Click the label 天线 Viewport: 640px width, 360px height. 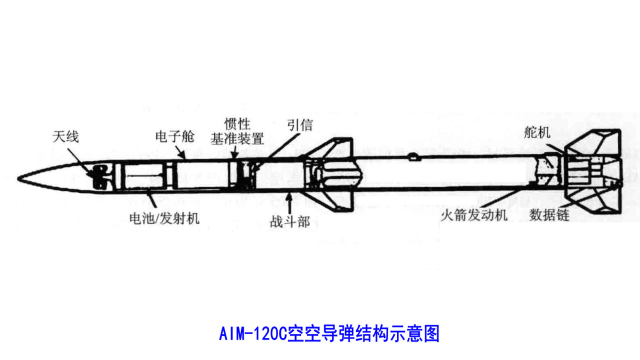click(66, 137)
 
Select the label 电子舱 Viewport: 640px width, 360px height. click(174, 137)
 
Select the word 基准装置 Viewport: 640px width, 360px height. click(237, 137)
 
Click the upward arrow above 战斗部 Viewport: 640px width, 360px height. click(289, 202)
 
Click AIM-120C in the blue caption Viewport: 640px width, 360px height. click(251, 333)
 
